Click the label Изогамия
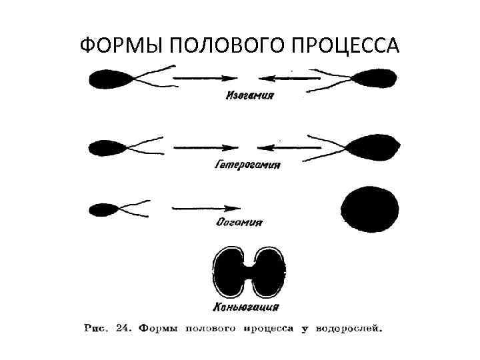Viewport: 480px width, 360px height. (249, 95)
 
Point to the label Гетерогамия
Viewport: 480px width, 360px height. (247, 165)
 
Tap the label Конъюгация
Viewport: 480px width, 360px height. (246, 308)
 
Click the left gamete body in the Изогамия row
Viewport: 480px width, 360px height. (111, 78)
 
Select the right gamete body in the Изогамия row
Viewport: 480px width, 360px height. (378, 78)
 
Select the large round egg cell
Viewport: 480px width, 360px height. (370, 209)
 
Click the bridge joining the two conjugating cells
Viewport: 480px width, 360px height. (249, 272)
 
